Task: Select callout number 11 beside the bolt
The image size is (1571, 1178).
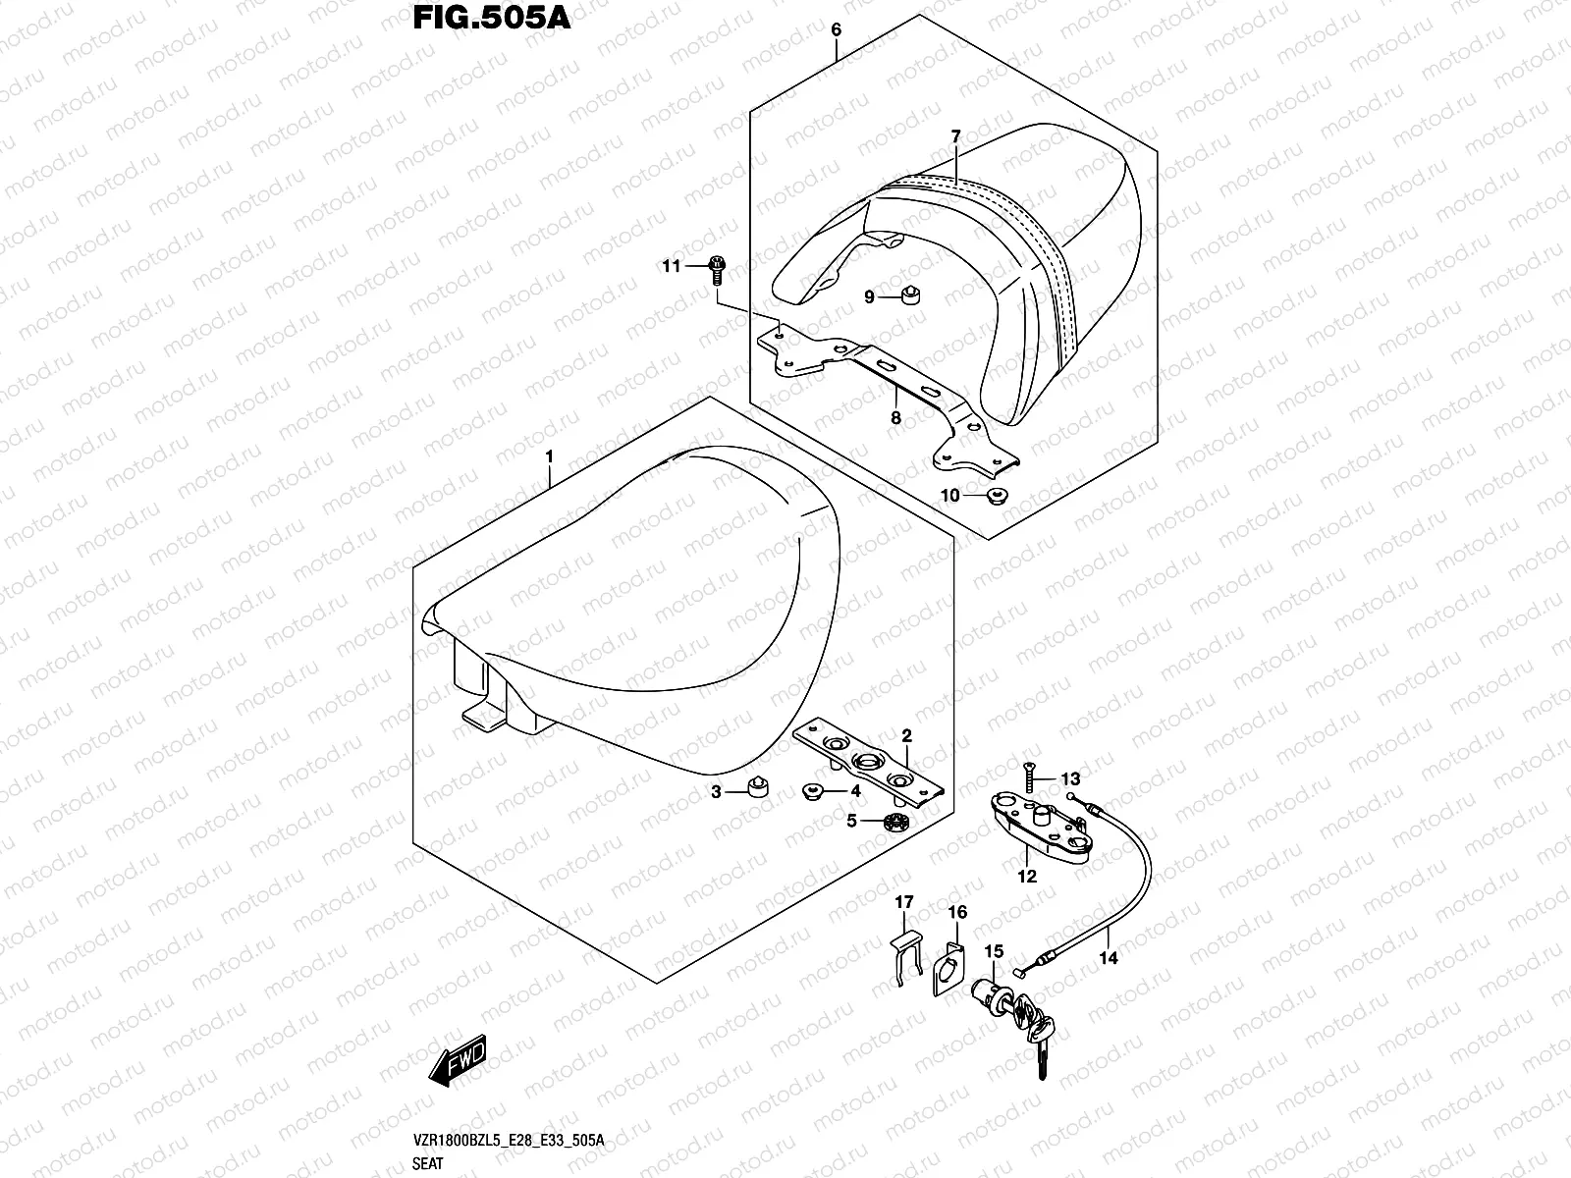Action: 671,266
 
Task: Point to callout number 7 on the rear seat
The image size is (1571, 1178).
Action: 955,137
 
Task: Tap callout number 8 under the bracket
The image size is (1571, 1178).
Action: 894,417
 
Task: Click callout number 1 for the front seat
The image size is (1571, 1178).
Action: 550,457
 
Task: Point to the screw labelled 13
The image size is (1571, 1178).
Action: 1028,781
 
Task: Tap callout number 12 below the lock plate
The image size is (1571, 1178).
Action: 1027,877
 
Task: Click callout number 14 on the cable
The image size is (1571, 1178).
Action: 1109,957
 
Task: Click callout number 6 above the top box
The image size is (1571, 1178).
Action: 836,29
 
